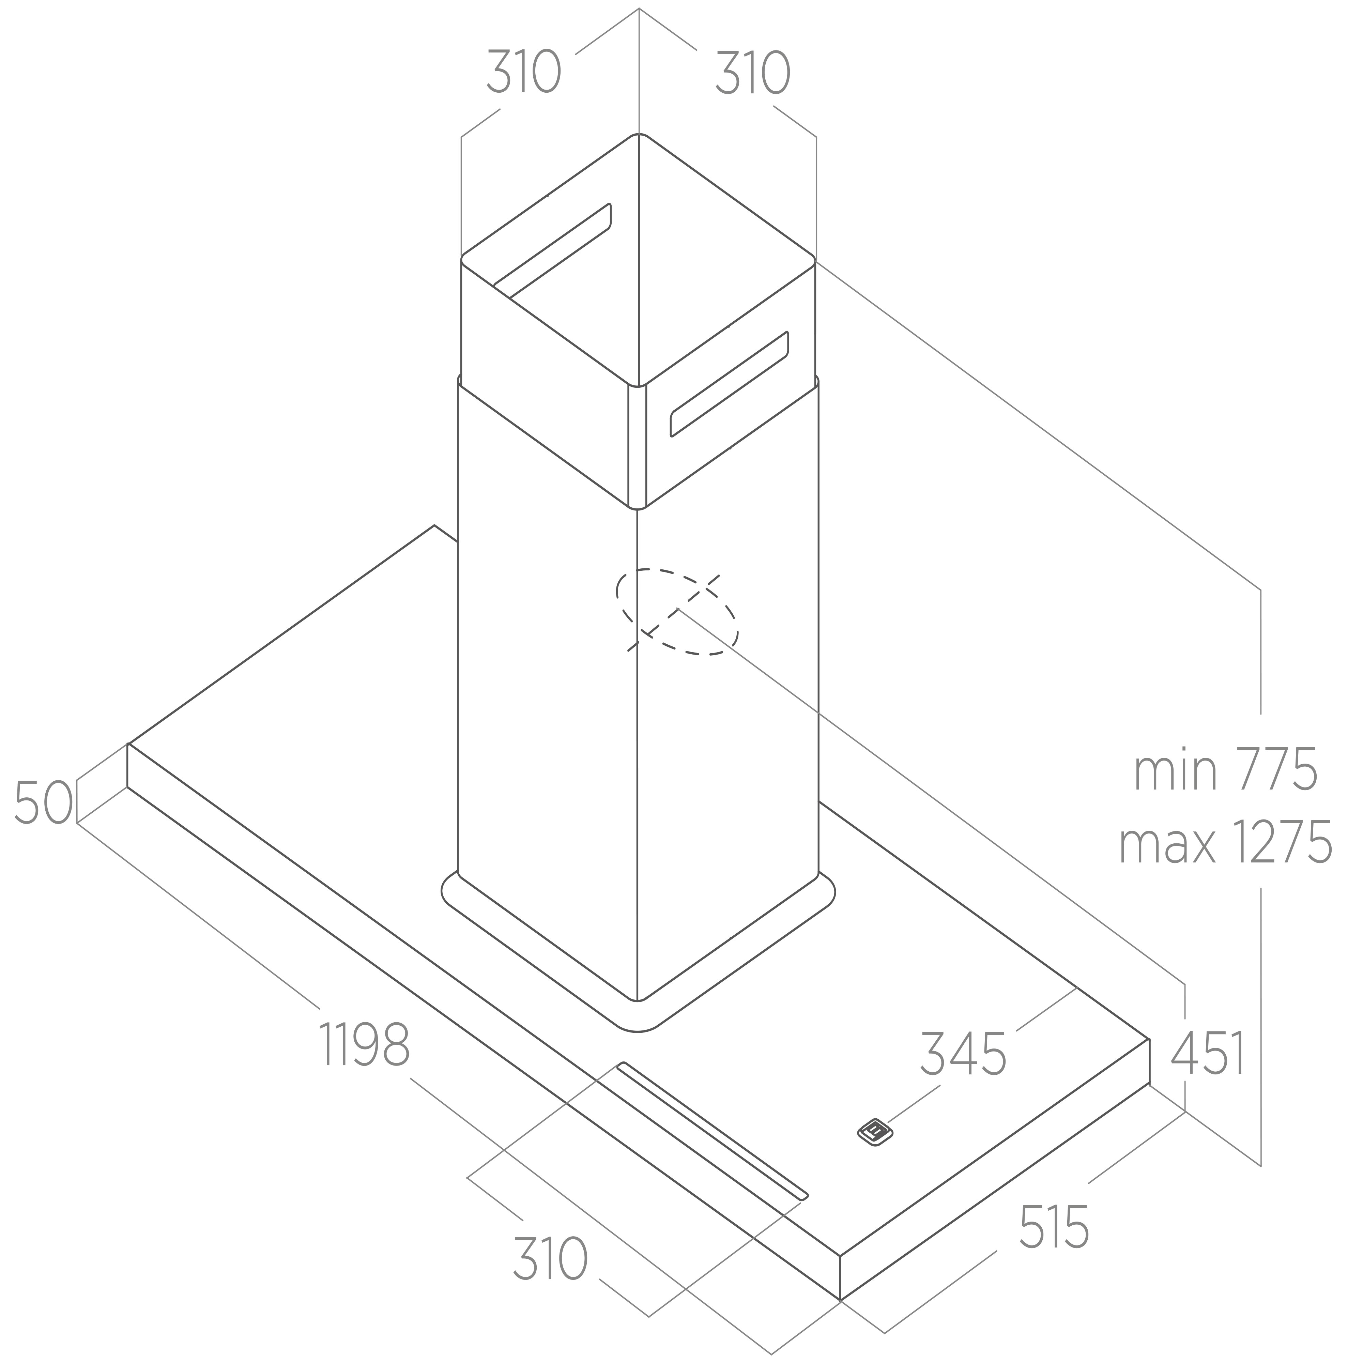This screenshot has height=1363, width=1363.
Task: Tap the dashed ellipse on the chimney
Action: [677, 612]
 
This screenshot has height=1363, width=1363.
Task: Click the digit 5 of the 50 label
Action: [28, 802]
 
